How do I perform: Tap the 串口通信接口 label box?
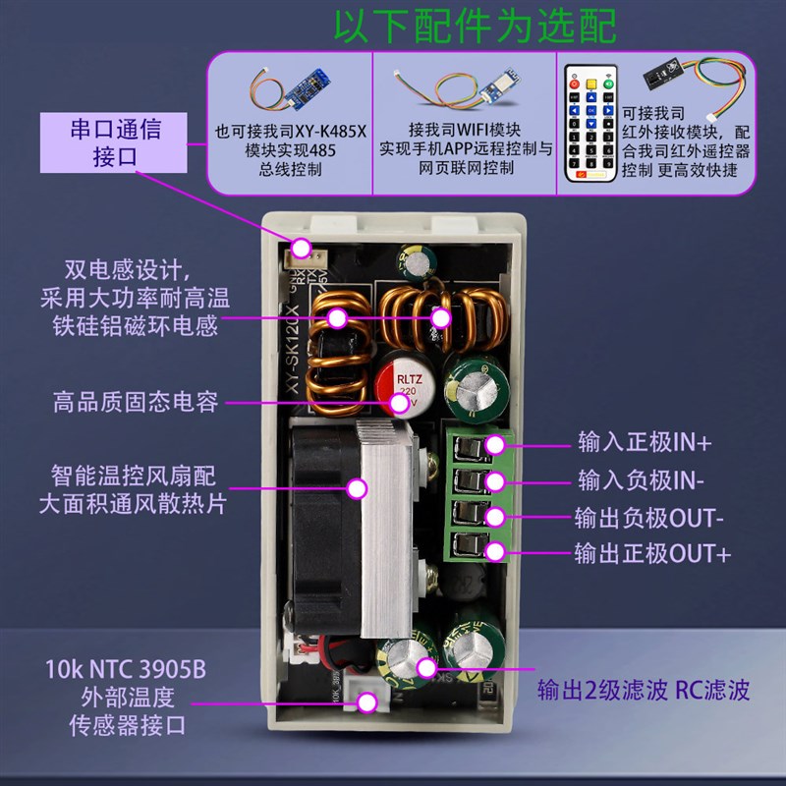116,142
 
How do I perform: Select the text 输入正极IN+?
644,443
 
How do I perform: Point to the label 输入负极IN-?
643,480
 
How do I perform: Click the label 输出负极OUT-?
652,517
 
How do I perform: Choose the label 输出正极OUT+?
654,553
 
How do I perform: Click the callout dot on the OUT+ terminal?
496,551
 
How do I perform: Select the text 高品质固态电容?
136,401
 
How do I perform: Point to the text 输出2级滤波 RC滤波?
643,689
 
